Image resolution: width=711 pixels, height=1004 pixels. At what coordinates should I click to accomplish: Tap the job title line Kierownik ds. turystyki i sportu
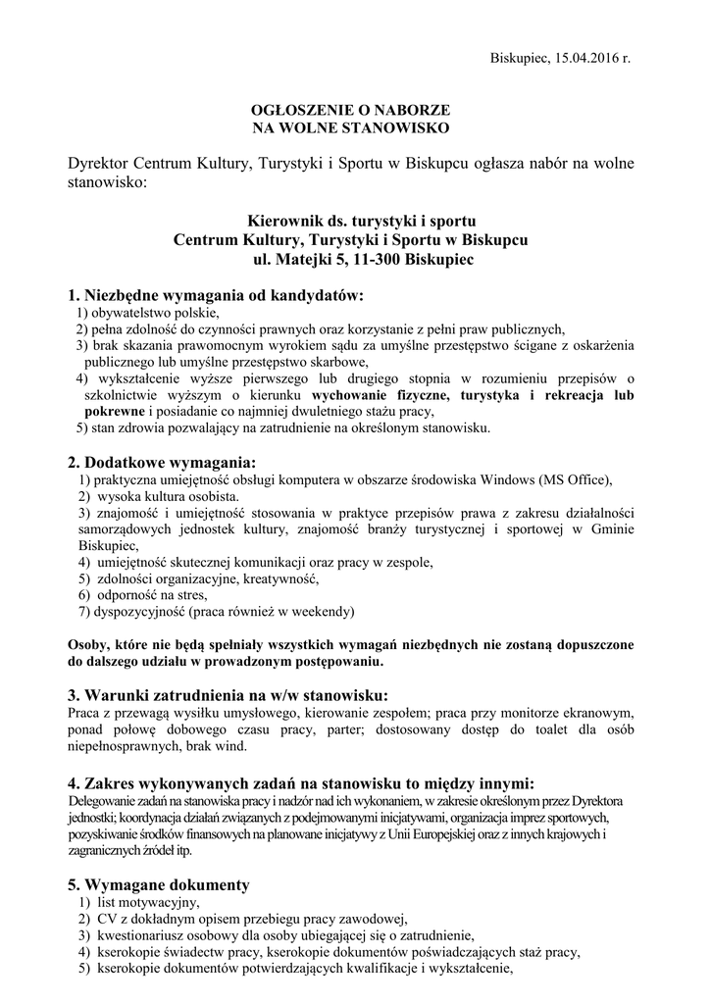click(350, 222)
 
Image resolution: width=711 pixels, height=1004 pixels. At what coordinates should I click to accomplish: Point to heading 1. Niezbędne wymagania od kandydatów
click(215, 294)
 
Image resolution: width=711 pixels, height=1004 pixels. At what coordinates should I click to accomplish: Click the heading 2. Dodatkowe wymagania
click(162, 462)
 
